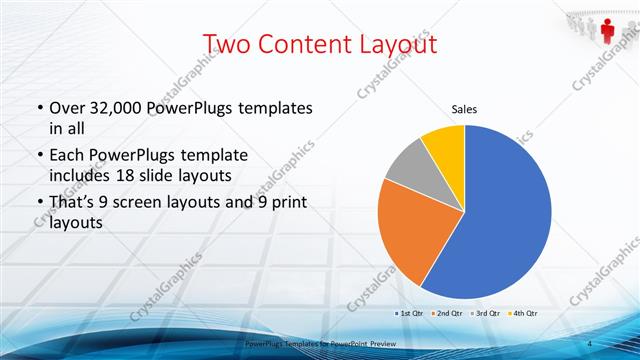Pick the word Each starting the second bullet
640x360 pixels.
click(x=68, y=156)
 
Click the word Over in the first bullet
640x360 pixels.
click(x=69, y=107)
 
